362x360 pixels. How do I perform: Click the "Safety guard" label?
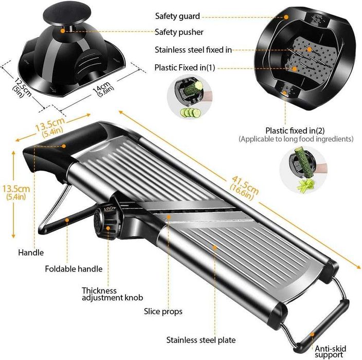coord(177,16)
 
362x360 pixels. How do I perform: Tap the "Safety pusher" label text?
coord(179,32)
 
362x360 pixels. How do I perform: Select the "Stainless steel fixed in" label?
coord(193,50)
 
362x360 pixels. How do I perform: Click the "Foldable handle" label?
coord(74,268)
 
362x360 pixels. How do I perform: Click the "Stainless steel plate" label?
coord(201,339)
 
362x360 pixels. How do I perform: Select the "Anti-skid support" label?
coord(330,351)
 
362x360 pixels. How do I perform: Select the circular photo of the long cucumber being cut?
coord(303,172)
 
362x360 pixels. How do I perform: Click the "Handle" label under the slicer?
coord(31,253)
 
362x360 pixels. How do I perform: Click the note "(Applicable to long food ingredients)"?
coord(295,139)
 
